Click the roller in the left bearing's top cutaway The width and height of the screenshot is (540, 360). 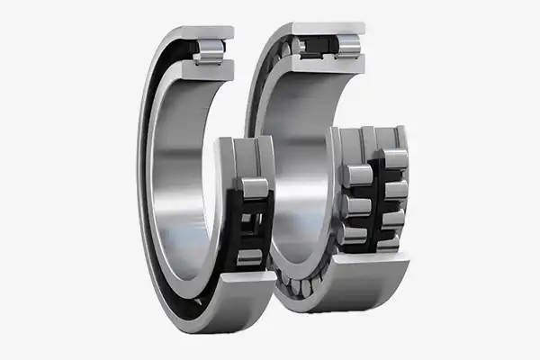tap(208, 49)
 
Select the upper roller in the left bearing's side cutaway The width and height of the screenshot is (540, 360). tap(254, 188)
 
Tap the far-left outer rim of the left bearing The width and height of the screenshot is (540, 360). tap(141, 180)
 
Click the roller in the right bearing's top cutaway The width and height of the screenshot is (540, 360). tap(347, 46)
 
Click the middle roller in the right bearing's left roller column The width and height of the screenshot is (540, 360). tap(355, 205)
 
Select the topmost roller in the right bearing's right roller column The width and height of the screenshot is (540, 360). tap(394, 160)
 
